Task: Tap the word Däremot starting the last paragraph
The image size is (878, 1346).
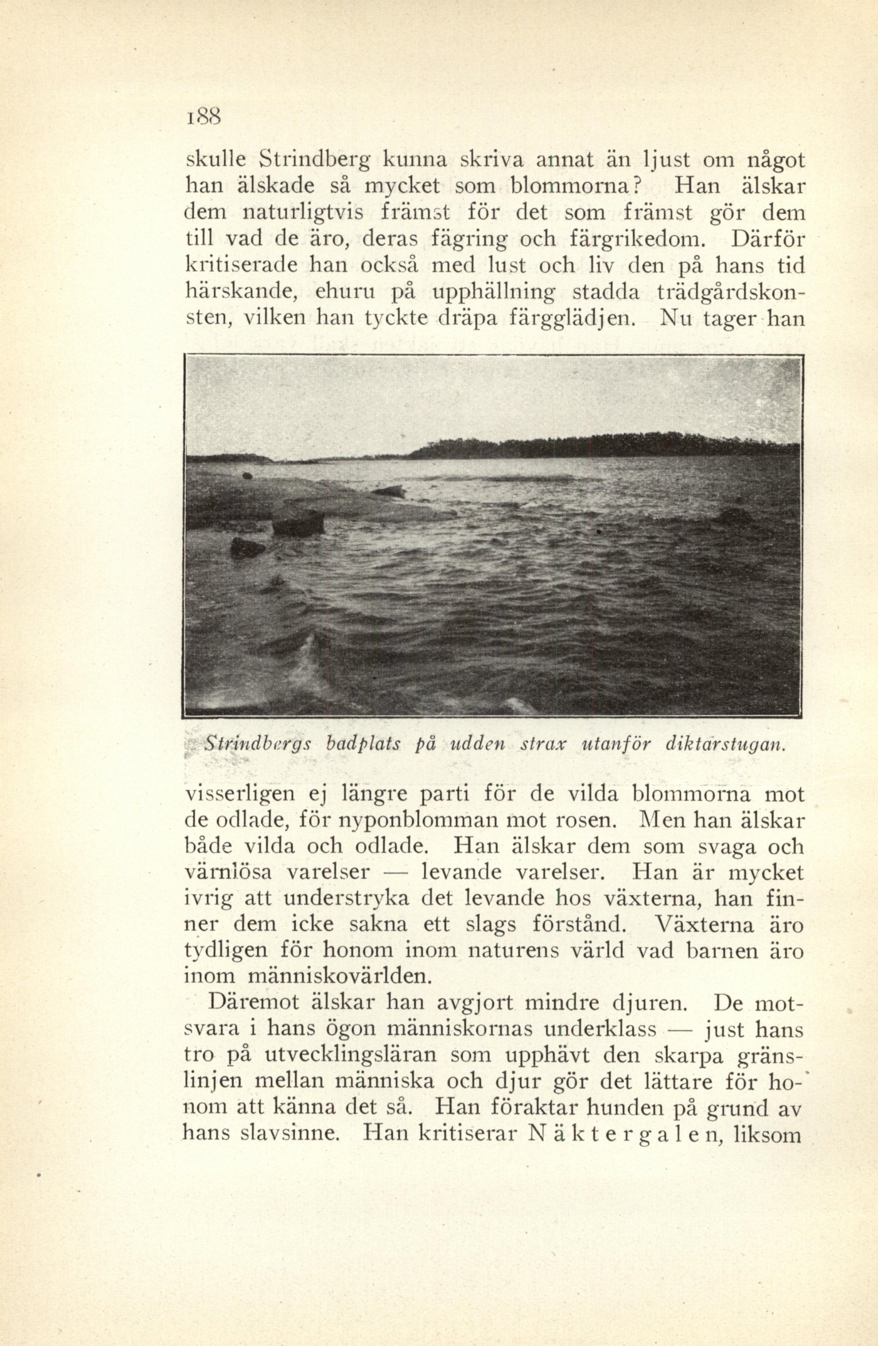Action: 250,1004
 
